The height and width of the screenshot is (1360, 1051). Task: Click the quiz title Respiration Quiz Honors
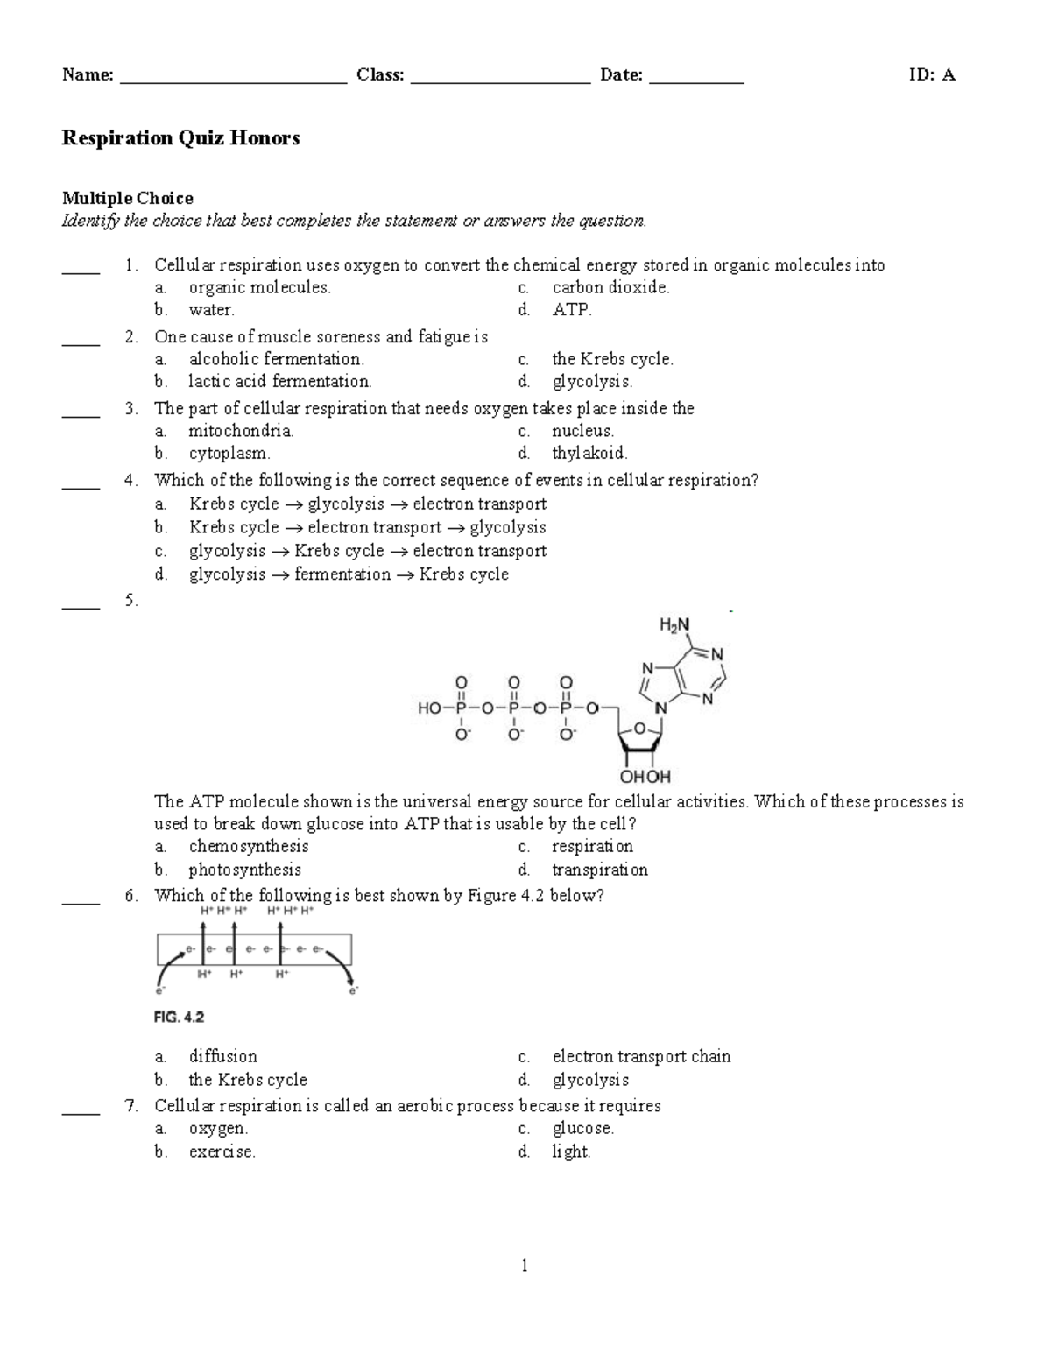pos(180,138)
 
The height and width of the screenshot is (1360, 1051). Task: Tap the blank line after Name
pos(233,81)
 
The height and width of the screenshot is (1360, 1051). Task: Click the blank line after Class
pos(500,81)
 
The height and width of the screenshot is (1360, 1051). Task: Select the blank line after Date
pos(696,81)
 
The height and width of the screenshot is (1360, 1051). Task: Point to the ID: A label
pos(932,75)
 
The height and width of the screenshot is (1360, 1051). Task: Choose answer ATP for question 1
pos(572,310)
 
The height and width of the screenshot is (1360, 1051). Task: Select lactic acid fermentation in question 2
pos(279,382)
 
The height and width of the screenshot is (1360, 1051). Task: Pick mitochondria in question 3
pos(241,431)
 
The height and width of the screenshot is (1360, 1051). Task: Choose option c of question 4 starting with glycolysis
pos(367,552)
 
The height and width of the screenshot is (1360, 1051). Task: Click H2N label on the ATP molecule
pos(674,625)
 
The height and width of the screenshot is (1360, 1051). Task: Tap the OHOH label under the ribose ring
pos(645,776)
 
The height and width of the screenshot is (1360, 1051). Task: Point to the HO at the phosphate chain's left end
pos(429,708)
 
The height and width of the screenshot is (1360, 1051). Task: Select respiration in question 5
pos(592,847)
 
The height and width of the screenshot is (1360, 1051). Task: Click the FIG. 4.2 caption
pos(179,1018)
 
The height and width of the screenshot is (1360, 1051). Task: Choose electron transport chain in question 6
pos(641,1057)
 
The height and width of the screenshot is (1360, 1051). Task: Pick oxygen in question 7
pos(218,1129)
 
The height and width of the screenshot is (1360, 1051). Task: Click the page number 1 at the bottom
pos(525,1265)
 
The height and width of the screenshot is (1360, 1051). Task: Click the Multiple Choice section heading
pos(127,198)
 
